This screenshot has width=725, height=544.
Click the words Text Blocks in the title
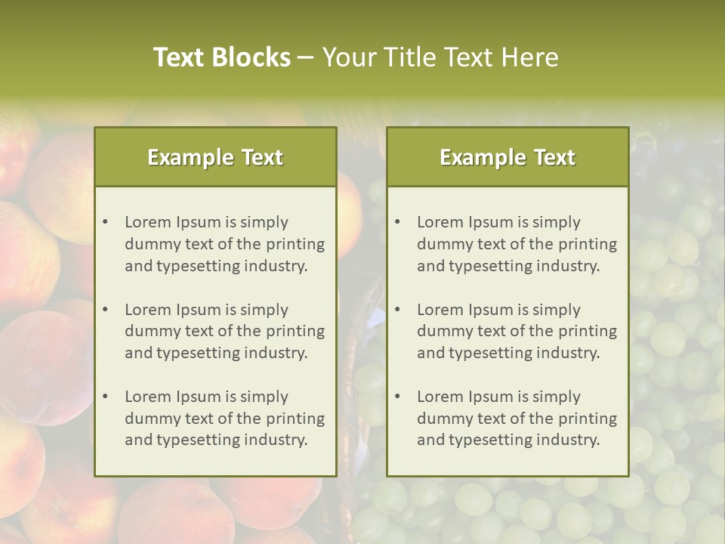click(222, 57)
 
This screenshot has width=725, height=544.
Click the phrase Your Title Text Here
click(440, 57)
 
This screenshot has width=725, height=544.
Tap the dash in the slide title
click(306, 58)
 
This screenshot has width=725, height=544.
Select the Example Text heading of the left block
click(215, 157)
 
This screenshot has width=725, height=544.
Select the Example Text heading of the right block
click(507, 157)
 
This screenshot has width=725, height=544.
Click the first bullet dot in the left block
click(105, 222)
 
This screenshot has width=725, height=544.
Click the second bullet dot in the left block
click(105, 310)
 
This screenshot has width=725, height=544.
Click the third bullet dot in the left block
click(105, 397)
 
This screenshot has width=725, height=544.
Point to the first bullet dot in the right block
click(397, 222)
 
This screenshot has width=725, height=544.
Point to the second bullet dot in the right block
click(397, 310)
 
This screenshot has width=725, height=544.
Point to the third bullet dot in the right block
click(397, 397)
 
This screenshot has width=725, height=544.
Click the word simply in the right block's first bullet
click(557, 222)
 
